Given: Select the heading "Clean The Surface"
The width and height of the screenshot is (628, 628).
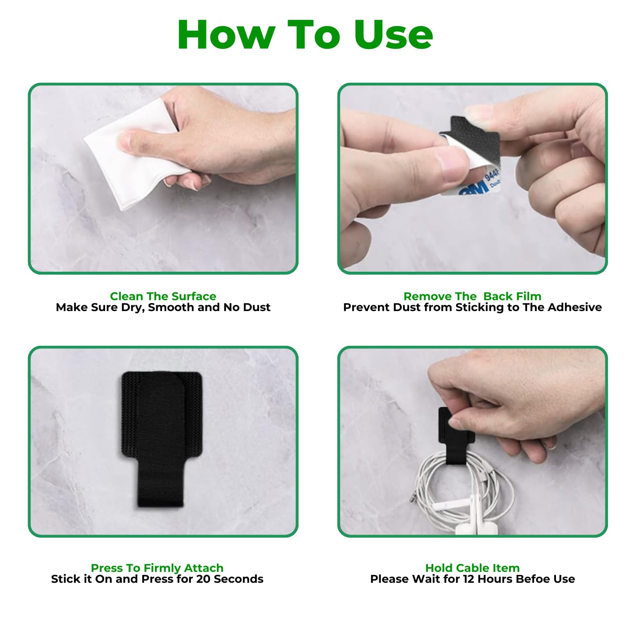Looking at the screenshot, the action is pyautogui.click(x=163, y=296).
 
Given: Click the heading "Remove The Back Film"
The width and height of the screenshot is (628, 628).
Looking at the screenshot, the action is pyautogui.click(x=472, y=296).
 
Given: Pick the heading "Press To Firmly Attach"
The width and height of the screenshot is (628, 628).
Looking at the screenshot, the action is pyautogui.click(x=157, y=568).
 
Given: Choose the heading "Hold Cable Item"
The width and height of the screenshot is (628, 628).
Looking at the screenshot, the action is pyautogui.click(x=472, y=568).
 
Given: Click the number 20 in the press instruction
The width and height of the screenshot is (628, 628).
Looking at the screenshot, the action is pyautogui.click(x=203, y=579).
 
